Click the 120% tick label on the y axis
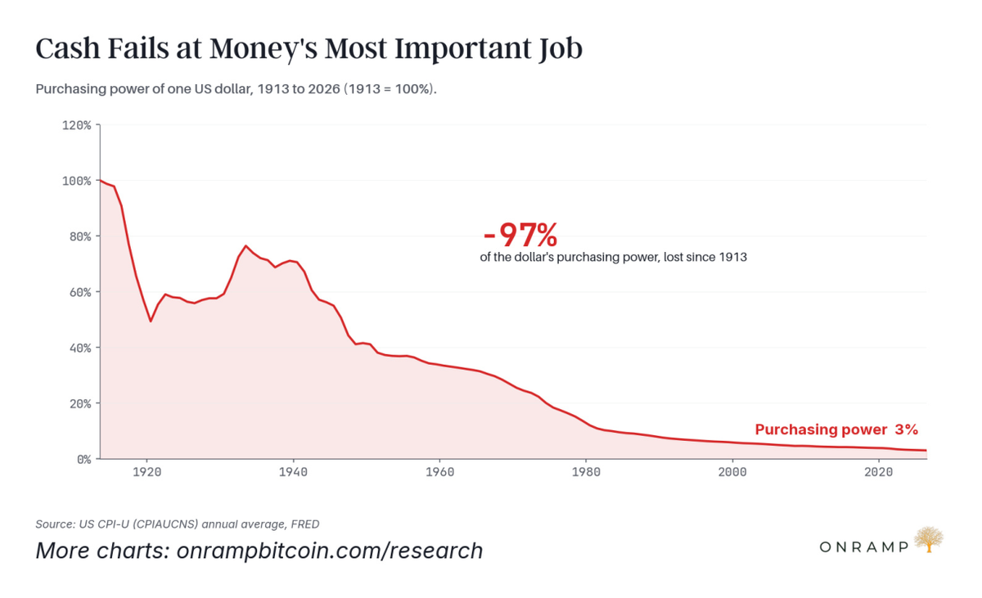point(77,126)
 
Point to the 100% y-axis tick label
point(77,181)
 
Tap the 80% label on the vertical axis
point(80,236)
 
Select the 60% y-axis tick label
point(80,292)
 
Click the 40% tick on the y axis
point(80,348)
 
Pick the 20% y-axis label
point(80,403)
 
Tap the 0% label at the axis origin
point(84,459)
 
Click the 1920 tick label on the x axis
point(146,472)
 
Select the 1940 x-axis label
point(293,472)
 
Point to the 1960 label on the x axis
point(439,472)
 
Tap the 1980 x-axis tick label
point(586,472)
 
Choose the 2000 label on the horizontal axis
point(732,472)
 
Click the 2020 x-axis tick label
point(879,472)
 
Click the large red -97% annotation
point(520,236)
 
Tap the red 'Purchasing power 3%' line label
point(836,429)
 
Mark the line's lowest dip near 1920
point(151,321)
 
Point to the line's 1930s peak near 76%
point(246,245)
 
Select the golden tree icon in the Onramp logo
point(929,539)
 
